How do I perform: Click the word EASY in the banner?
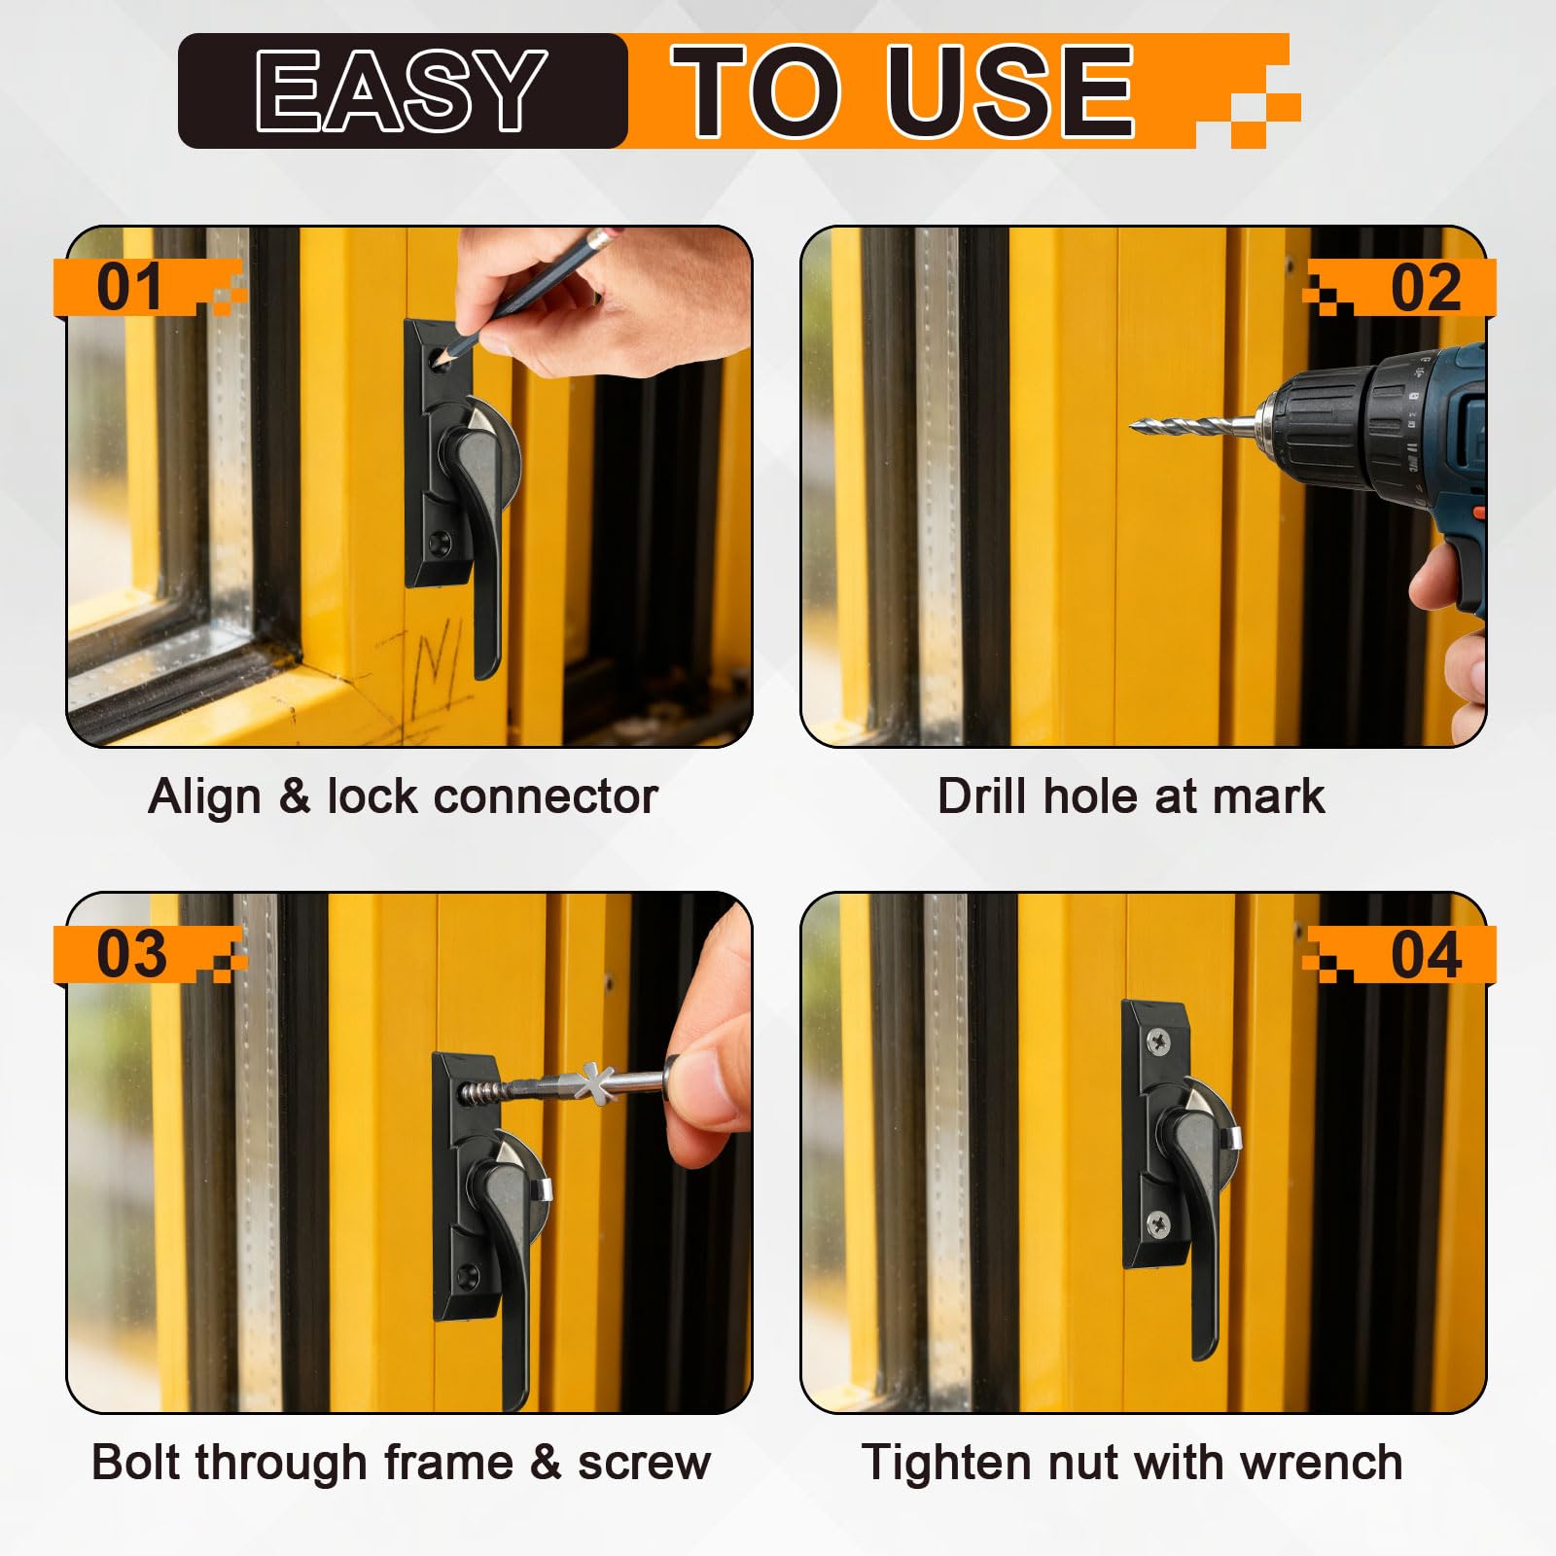click(x=400, y=89)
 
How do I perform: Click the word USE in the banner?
click(x=1010, y=90)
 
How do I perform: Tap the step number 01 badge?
click(x=130, y=287)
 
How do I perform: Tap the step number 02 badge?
click(x=1426, y=287)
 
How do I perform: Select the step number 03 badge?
click(x=131, y=954)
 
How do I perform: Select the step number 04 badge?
click(x=1426, y=954)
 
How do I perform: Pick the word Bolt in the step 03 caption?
click(x=134, y=1462)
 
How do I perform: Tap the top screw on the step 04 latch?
click(x=1158, y=1042)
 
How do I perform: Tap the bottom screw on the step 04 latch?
click(x=1157, y=1224)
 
